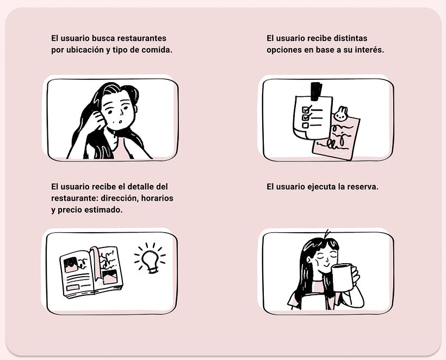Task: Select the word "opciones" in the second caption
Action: pos(283,50)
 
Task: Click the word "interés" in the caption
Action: pos(369,50)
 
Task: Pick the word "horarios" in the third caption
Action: pos(157,198)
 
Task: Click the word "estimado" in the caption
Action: pos(102,210)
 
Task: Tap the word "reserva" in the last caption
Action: pos(363,187)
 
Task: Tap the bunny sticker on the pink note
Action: pos(341,114)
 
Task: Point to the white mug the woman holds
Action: pos(342,277)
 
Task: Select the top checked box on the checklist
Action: pos(306,109)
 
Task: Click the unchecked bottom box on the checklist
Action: pos(305,125)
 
